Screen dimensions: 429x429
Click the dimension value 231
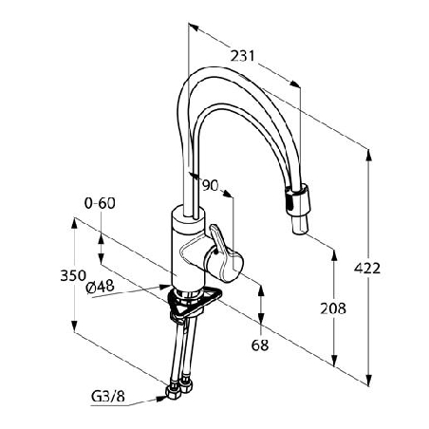coord(242,56)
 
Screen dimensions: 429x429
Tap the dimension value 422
coord(367,269)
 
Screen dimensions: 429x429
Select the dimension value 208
coord(333,308)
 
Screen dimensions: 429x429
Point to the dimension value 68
coord(260,345)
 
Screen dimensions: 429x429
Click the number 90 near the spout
coord(211,185)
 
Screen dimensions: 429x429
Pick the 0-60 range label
coord(100,203)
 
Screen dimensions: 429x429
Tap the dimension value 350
coord(73,275)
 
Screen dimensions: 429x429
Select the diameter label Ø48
coord(100,287)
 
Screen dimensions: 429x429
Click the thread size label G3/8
coord(108,396)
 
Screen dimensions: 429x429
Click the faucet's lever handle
coord(223,253)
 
